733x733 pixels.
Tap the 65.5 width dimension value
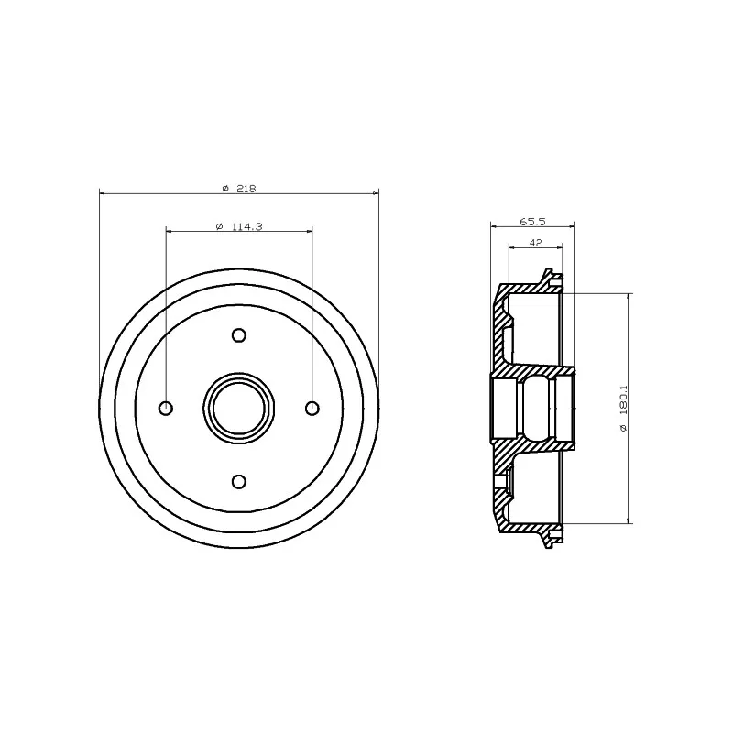[x=533, y=221]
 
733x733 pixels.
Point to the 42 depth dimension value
[x=536, y=243]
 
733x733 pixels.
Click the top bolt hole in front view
[x=239, y=335]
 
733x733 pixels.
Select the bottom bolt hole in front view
[x=239, y=481]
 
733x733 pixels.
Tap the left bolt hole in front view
[x=166, y=408]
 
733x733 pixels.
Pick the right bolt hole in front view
[x=312, y=408]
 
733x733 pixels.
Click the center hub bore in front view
[x=239, y=408]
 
